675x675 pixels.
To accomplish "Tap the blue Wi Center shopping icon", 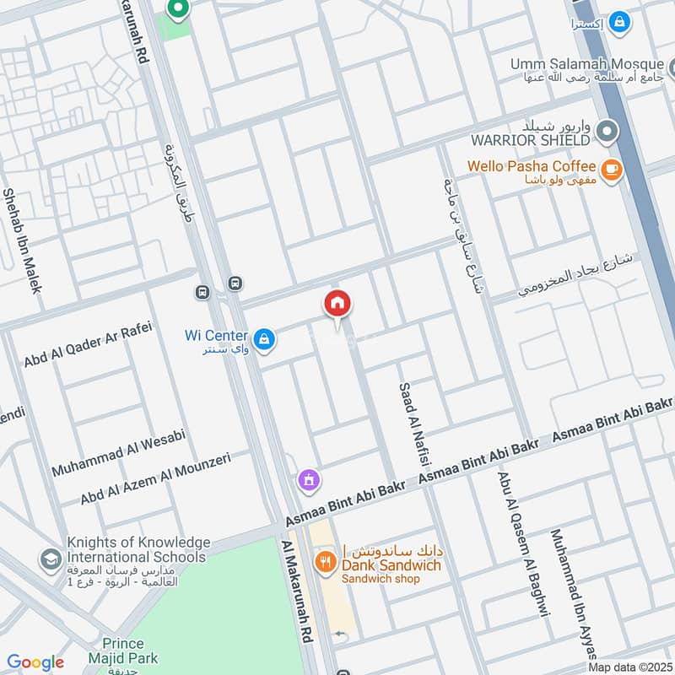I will coord(265,339).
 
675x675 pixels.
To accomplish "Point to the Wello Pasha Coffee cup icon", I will coord(611,167).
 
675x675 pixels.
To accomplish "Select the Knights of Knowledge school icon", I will coord(51,558).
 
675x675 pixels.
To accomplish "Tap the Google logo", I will coord(35,662).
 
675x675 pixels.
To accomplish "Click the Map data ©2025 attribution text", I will coord(629,667).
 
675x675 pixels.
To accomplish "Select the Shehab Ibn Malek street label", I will coord(21,240).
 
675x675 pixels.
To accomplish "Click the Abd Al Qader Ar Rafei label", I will coord(88,344).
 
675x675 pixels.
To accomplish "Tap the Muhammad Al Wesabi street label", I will coord(117,454).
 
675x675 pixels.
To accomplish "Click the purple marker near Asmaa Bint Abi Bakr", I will coord(310,480).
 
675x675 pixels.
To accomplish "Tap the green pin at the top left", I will coord(177,9).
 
